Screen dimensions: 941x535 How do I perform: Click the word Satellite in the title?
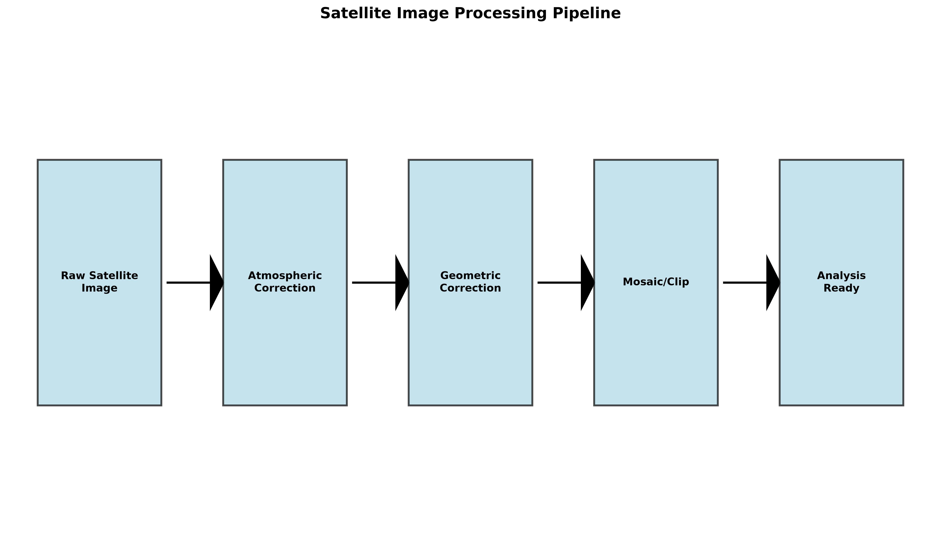point(385,13)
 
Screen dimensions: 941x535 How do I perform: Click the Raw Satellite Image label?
point(100,282)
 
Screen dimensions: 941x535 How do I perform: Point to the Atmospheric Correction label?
point(285,282)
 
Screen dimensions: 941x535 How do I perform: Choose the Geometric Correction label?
point(470,282)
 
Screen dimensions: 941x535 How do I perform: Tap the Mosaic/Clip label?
point(656,282)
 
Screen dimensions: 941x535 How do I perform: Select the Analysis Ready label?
point(841,282)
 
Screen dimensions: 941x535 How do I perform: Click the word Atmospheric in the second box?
point(285,276)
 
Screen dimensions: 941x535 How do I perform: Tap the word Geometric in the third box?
point(470,276)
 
